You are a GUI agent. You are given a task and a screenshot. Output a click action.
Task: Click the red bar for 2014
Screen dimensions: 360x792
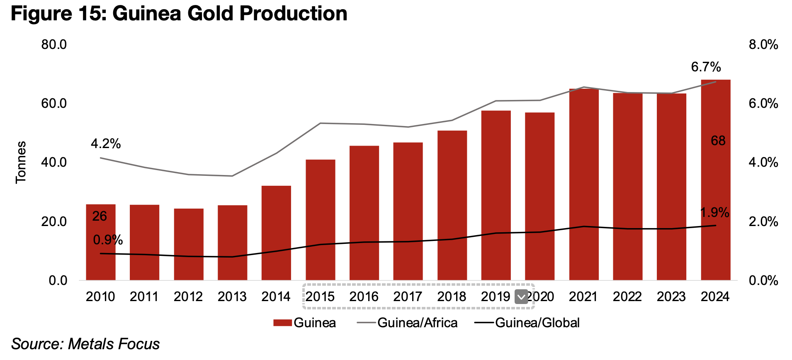[276, 233]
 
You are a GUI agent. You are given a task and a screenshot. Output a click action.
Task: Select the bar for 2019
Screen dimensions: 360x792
[496, 195]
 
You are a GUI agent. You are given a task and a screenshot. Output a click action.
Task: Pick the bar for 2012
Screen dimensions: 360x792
[189, 244]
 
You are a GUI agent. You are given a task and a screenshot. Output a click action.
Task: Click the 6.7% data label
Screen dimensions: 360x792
[706, 67]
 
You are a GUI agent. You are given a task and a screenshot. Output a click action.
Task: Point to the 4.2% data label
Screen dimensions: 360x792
[106, 144]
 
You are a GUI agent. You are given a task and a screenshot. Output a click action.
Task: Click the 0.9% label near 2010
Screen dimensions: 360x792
[108, 240]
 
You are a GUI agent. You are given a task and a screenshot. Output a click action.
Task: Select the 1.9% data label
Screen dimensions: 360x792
[714, 213]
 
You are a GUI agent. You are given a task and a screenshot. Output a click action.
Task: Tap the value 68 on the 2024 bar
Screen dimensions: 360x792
[718, 141]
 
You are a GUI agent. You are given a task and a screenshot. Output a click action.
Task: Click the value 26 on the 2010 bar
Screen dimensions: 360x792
[100, 216]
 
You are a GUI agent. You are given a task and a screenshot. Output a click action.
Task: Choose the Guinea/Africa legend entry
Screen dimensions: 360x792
[417, 323]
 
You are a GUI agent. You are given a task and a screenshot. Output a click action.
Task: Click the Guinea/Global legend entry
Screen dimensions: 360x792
[537, 323]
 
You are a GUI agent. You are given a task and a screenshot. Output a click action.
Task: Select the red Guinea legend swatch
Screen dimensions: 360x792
[283, 323]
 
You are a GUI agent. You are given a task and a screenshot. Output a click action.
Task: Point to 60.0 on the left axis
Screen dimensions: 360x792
[54, 103]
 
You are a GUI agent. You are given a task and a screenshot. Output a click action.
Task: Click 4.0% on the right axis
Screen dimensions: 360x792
[763, 162]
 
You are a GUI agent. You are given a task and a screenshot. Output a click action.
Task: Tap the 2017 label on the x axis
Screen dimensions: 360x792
[408, 297]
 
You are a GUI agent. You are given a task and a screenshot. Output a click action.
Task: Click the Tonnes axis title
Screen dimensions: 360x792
[21, 162]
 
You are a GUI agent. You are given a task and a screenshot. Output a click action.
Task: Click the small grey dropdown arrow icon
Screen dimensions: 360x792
[521, 297]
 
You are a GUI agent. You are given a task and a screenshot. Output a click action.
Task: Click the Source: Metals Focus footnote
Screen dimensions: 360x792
[85, 344]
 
